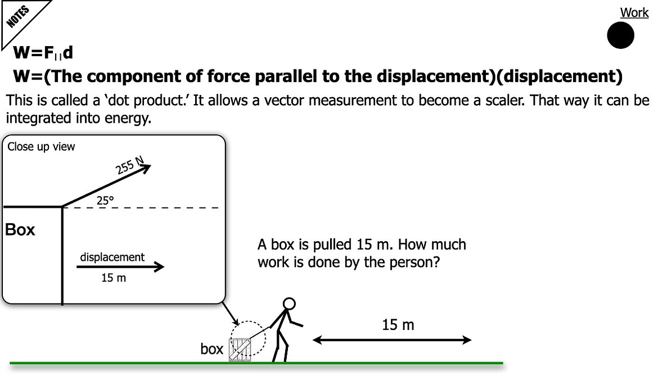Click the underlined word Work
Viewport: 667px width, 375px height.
point(634,13)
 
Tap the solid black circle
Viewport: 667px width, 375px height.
point(621,35)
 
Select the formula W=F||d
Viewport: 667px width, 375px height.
point(43,53)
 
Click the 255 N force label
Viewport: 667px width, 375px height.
point(130,165)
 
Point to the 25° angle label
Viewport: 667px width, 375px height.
point(105,200)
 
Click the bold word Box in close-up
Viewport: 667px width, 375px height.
point(20,229)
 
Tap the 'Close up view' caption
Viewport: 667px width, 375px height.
point(41,147)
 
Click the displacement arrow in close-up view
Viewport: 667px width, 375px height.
point(120,266)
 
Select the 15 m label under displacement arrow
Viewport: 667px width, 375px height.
point(114,278)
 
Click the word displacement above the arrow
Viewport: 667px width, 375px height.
point(112,257)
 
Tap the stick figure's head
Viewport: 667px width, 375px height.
point(289,304)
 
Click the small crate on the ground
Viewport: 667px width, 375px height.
point(240,350)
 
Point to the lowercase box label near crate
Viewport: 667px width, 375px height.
point(212,349)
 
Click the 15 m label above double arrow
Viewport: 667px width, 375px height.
point(398,326)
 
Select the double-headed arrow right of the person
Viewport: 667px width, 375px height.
point(392,340)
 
